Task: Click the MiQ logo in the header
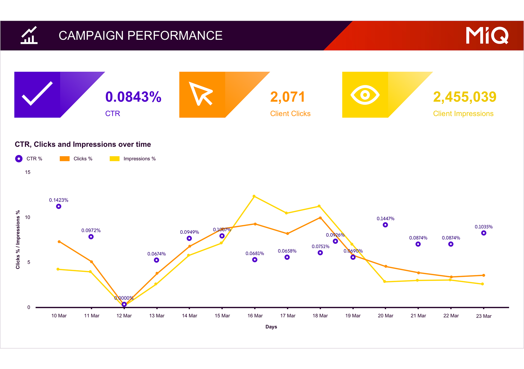[487, 36]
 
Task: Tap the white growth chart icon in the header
[29, 35]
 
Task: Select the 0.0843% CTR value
[133, 97]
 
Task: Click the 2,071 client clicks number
[287, 97]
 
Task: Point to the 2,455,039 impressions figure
[465, 97]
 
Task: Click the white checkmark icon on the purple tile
[37, 93]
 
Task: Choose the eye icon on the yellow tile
[365, 95]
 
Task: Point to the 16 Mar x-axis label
[255, 316]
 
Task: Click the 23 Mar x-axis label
[484, 316]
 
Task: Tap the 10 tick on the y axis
[28, 217]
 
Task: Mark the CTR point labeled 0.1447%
[385, 225]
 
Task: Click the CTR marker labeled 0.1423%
[59, 206]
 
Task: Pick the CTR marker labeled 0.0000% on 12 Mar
[124, 304]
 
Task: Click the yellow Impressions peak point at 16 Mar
[254, 196]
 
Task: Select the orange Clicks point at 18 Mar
[320, 218]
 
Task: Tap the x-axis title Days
[271, 327]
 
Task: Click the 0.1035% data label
[484, 227]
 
